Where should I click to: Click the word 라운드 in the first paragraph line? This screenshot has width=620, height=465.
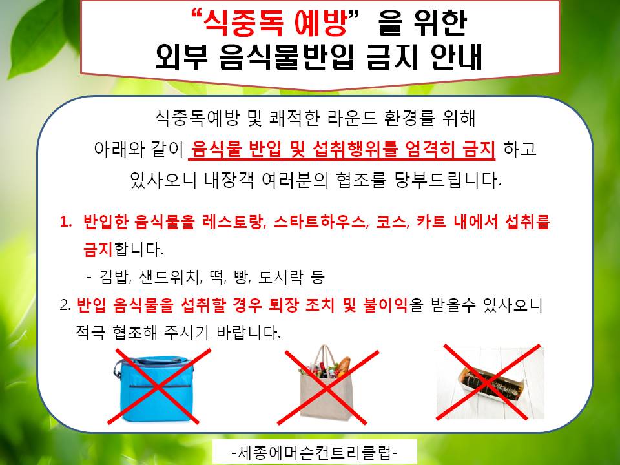(x=346, y=118)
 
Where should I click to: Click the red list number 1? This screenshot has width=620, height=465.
(x=66, y=222)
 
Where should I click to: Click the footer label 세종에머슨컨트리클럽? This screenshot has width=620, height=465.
(x=315, y=452)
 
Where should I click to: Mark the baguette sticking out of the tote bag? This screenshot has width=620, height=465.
(x=343, y=364)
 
